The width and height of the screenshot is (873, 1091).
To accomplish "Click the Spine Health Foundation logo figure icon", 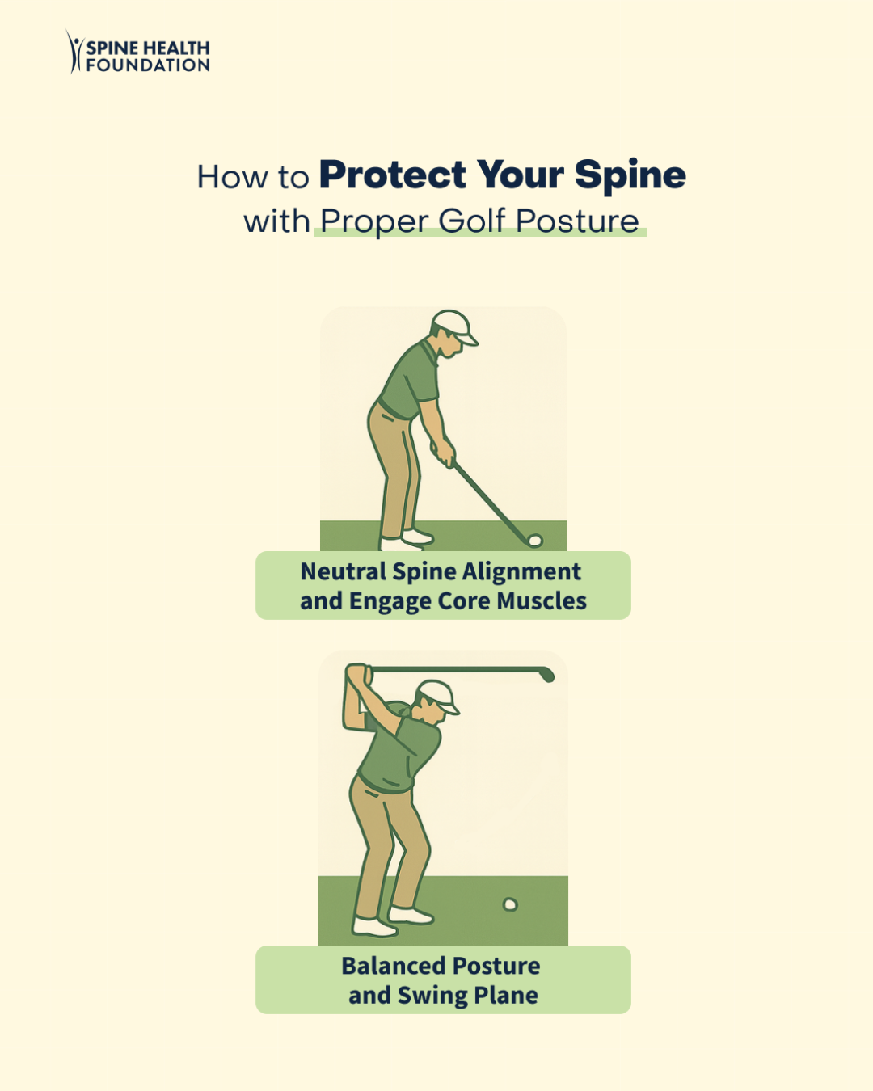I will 74,52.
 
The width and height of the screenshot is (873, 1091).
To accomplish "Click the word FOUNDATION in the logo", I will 148,65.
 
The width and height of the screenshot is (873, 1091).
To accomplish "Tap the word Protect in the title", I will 393,175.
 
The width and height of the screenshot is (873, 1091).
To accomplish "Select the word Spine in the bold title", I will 630,175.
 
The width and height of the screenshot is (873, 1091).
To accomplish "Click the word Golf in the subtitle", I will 472,221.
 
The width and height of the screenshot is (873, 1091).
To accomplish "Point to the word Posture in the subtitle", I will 577,221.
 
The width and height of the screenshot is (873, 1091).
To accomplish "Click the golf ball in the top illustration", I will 535,540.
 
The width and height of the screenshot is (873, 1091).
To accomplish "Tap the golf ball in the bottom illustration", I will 510,904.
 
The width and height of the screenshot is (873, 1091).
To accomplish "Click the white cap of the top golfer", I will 453,324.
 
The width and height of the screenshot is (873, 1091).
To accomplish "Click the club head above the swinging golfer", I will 547,672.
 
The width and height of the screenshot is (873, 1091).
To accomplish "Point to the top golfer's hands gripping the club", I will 444,453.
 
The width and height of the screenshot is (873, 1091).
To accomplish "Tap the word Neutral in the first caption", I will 344,571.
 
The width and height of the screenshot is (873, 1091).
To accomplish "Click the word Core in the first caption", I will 464,601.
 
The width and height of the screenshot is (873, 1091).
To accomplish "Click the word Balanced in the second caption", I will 392,966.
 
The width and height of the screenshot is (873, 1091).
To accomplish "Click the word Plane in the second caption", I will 507,996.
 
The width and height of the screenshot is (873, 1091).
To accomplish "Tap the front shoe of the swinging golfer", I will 411,916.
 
